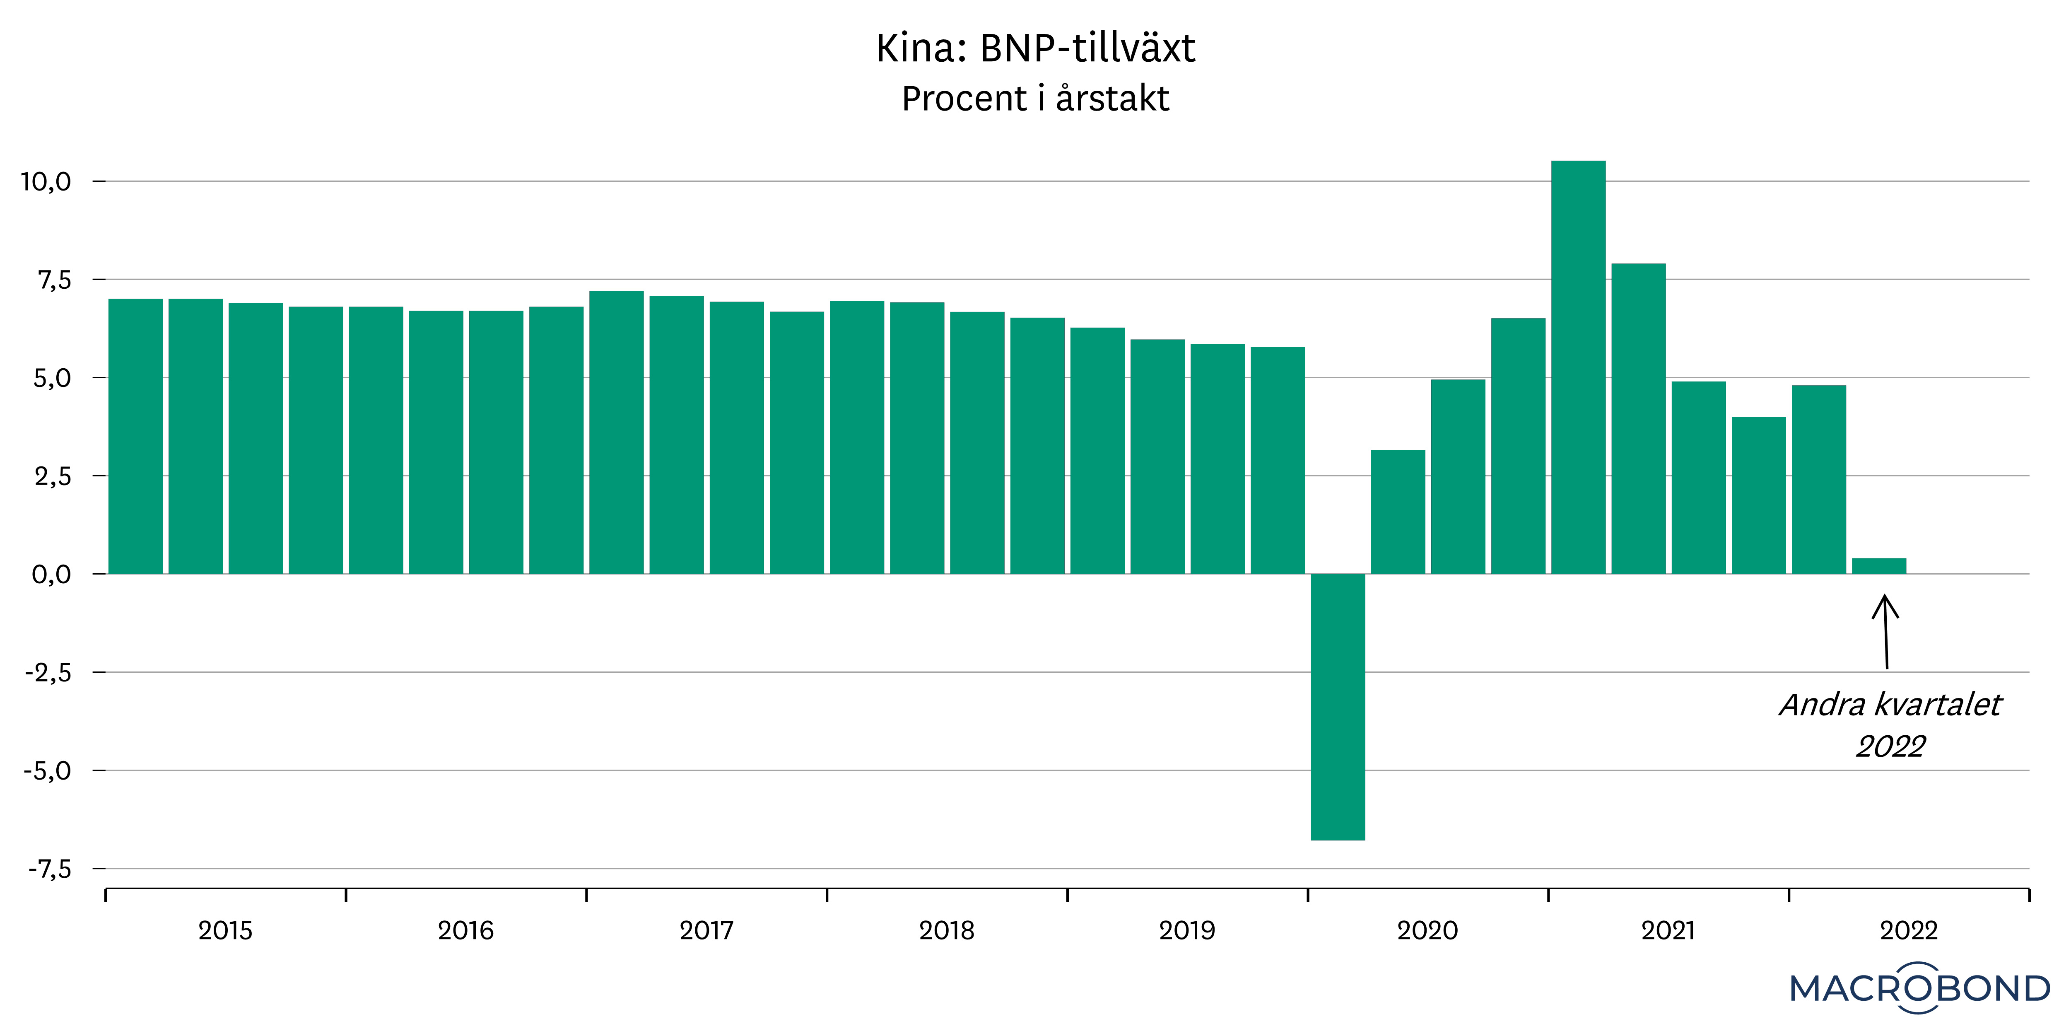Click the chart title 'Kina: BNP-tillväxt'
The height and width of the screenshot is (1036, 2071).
(1035, 48)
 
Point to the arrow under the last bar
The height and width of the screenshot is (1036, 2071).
(1885, 631)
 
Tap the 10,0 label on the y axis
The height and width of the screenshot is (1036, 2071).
(46, 182)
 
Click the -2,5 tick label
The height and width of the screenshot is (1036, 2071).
(48, 672)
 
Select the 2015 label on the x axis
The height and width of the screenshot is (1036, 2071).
(225, 931)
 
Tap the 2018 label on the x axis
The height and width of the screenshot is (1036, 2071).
(946, 931)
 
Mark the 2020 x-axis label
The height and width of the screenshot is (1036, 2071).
(1427, 931)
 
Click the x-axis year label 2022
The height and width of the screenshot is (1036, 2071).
(1909, 931)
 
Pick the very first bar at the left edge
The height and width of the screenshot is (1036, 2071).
(135, 436)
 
